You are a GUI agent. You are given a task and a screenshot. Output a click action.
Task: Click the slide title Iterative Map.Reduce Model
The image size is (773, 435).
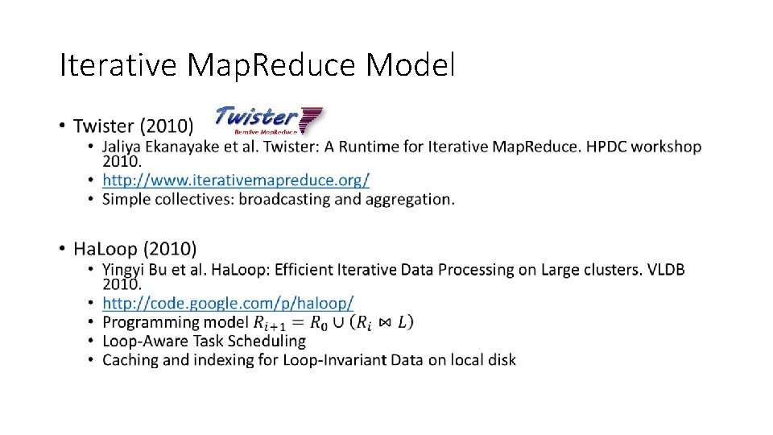point(257,65)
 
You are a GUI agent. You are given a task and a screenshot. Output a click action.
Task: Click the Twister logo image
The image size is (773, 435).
point(269,119)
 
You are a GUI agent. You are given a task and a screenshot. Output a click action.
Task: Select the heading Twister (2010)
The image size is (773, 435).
point(133,126)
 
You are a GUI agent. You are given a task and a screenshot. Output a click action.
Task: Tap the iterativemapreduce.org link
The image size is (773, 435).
point(236,180)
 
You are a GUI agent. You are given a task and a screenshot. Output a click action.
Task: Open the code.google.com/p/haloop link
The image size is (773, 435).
point(228,304)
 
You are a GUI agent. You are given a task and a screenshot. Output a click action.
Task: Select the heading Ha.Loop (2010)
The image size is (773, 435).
point(134,249)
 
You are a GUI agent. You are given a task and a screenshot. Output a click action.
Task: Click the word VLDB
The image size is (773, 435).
point(664,270)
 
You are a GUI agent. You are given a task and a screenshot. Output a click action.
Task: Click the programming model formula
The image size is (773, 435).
point(333,323)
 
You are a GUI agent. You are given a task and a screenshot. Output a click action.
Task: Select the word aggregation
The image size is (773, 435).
point(408,199)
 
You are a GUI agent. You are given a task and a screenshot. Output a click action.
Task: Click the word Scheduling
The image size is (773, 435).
point(267,342)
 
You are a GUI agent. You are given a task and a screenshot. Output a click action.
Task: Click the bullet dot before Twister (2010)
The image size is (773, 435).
point(63,126)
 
